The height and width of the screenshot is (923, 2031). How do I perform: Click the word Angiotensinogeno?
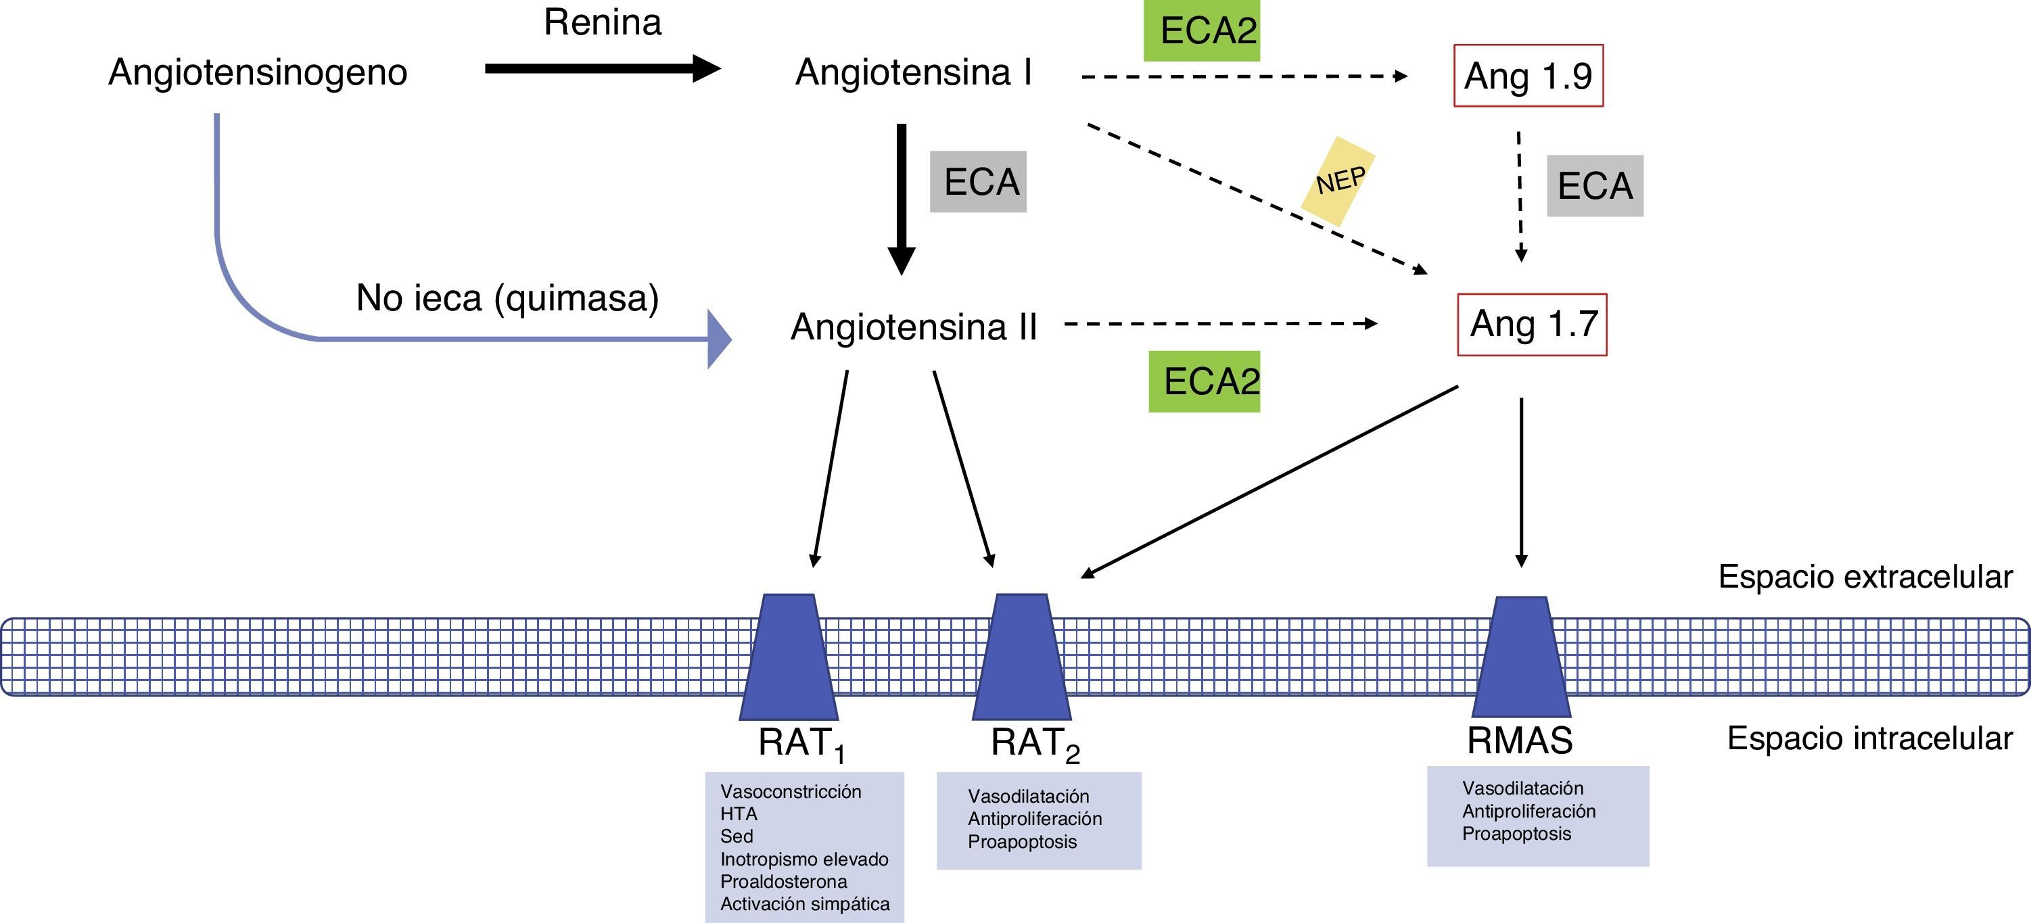pyautogui.click(x=257, y=72)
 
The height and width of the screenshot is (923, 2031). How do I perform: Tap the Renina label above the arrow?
pyautogui.click(x=603, y=22)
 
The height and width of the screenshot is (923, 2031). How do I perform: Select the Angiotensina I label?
pyautogui.click(x=913, y=72)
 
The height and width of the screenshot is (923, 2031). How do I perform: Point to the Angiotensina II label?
pyautogui.click(x=913, y=327)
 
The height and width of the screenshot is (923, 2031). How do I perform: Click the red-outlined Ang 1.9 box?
pyautogui.click(x=1528, y=76)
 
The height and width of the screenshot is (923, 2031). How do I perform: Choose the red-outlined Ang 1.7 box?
pyautogui.click(x=1532, y=325)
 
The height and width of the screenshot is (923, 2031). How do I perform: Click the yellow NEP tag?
pyautogui.click(x=1338, y=181)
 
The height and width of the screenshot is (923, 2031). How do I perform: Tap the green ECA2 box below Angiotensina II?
pyautogui.click(x=1204, y=381)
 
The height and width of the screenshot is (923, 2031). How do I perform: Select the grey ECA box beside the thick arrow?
pyautogui.click(x=979, y=182)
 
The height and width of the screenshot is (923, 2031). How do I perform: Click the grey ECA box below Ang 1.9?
pyautogui.click(x=1595, y=186)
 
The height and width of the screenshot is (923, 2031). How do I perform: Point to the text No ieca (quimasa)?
pyautogui.click(x=507, y=298)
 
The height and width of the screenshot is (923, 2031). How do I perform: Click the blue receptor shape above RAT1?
pyautogui.click(x=789, y=657)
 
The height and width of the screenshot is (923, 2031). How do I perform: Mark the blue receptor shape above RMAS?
pyautogui.click(x=1521, y=657)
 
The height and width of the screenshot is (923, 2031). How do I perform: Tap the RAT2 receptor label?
pyautogui.click(x=1033, y=743)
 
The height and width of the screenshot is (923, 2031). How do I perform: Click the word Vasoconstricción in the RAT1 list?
pyautogui.click(x=791, y=791)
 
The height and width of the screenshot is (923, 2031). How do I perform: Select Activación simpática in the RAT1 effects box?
pyautogui.click(x=805, y=904)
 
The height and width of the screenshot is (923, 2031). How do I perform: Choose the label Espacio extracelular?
pyautogui.click(x=1865, y=577)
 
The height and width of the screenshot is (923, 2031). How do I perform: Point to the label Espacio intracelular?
pyautogui.click(x=1869, y=738)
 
